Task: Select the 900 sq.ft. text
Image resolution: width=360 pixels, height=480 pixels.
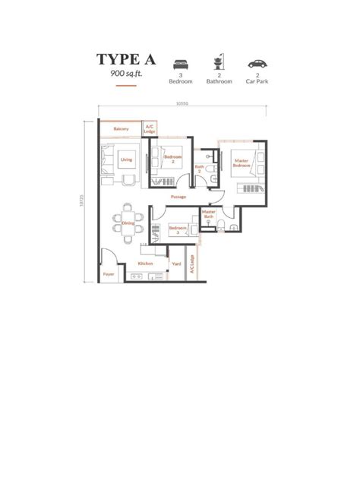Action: pyautogui.click(x=126, y=74)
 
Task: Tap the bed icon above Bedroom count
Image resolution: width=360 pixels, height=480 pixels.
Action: pyautogui.click(x=180, y=65)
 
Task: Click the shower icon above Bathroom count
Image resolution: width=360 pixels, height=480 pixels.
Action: pyautogui.click(x=219, y=64)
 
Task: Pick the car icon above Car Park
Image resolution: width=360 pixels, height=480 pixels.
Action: pyautogui.click(x=257, y=65)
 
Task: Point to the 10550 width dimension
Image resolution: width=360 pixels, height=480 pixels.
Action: pyautogui.click(x=182, y=104)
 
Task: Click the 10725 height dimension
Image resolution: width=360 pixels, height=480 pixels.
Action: pyautogui.click(x=81, y=201)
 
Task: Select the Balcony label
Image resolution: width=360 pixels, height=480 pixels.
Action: pyautogui.click(x=121, y=129)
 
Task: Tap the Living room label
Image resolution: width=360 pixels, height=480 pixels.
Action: pyautogui.click(x=126, y=160)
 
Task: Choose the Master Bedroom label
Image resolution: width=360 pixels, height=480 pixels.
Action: pyautogui.click(x=241, y=163)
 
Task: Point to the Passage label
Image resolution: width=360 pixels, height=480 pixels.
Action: pyautogui.click(x=178, y=197)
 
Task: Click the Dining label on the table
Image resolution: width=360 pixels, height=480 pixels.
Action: pyautogui.click(x=128, y=223)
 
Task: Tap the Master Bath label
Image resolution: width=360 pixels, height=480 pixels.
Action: pyautogui.click(x=209, y=214)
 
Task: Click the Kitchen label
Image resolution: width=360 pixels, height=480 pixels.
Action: pyautogui.click(x=145, y=264)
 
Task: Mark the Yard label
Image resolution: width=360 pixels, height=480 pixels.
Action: pyautogui.click(x=176, y=264)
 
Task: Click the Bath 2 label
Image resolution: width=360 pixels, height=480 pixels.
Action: pyautogui.click(x=199, y=169)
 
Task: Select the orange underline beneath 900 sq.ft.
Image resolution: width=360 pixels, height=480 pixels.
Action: pyautogui.click(x=126, y=86)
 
